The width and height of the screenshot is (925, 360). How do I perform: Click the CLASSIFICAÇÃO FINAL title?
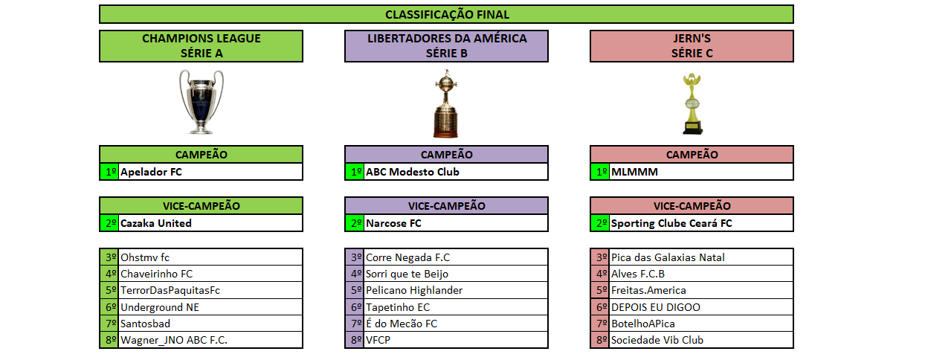447,14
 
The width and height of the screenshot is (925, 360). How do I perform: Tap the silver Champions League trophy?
201,102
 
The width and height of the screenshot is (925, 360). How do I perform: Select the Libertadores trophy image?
445,103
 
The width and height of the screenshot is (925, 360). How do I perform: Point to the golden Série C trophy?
692,103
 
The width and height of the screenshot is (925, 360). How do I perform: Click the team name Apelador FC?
151,172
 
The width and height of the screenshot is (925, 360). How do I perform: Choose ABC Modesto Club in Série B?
412,172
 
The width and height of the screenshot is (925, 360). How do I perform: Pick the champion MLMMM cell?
634,172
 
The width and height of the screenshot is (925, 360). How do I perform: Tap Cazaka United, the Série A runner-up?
155,223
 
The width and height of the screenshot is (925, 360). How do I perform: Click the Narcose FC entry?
393,223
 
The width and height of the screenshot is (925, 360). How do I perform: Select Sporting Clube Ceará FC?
671,223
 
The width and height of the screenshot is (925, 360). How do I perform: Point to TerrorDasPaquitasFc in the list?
170,290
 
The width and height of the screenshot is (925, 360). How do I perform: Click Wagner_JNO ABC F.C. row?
174,340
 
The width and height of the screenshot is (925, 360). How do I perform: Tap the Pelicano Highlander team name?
413,290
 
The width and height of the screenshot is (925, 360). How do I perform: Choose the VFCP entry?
378,340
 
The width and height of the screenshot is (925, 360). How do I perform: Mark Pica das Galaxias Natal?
668,257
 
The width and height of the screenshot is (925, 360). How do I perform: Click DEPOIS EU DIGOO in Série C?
655,307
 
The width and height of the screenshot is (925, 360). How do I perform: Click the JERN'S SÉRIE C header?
692,46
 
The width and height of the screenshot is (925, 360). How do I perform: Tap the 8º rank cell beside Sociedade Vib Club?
599,340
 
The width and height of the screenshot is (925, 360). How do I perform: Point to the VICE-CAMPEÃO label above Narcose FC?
446,205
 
